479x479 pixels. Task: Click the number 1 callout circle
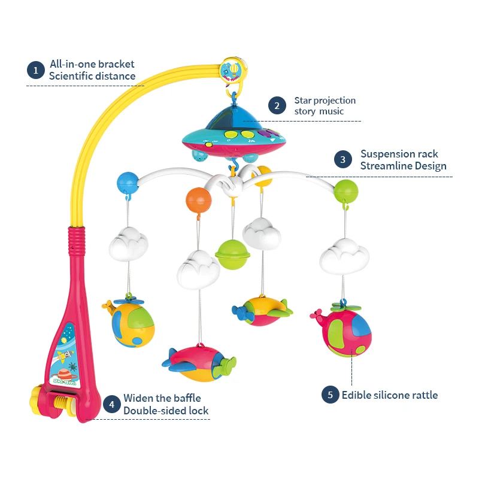point(36,70)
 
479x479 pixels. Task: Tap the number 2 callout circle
point(276,106)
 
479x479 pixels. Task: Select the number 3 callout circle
point(342,160)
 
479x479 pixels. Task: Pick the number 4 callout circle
point(111,404)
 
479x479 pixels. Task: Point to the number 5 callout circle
point(329,395)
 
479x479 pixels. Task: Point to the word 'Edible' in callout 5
point(357,395)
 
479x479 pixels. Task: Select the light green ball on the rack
point(346,191)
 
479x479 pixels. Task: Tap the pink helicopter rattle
point(342,331)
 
